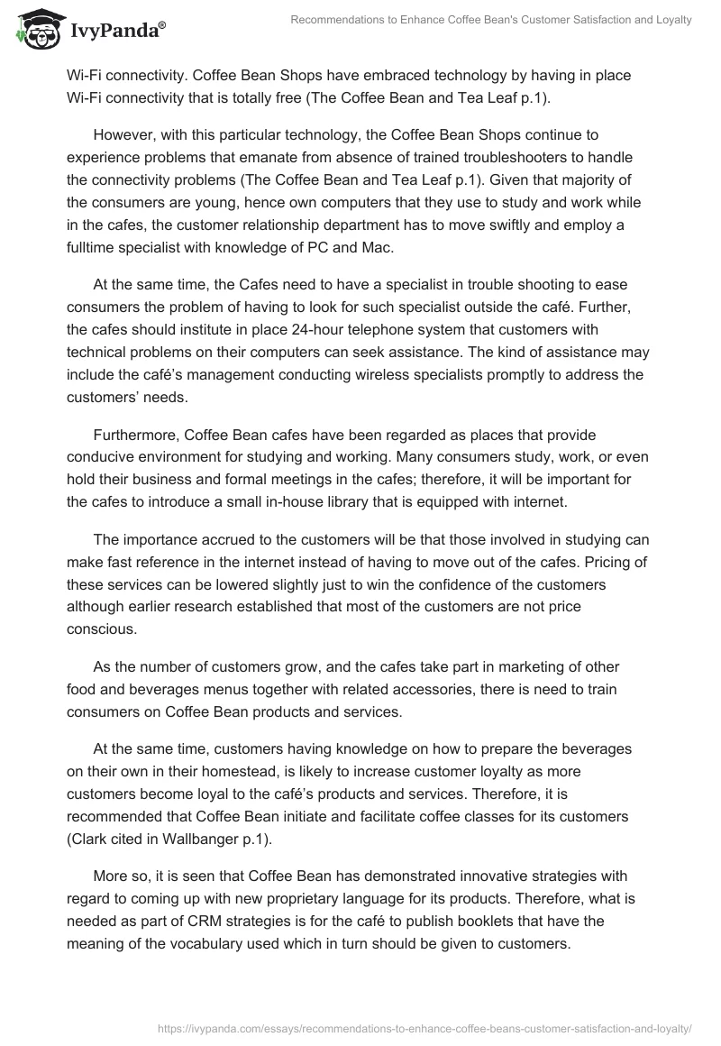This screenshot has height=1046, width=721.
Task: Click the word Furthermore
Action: coord(141,434)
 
